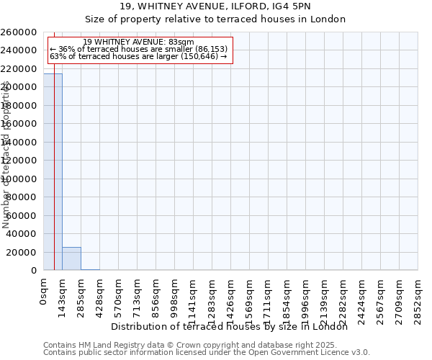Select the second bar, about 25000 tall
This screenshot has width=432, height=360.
(x=71, y=258)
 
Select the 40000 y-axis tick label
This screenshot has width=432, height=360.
(x=22, y=234)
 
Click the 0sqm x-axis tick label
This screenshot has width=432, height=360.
(x=44, y=292)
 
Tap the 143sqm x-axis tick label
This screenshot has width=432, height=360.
(x=63, y=294)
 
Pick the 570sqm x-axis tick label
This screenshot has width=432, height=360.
(x=119, y=294)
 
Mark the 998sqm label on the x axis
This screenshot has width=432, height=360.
(x=175, y=294)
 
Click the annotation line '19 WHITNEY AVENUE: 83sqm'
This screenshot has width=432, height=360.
(x=138, y=42)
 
